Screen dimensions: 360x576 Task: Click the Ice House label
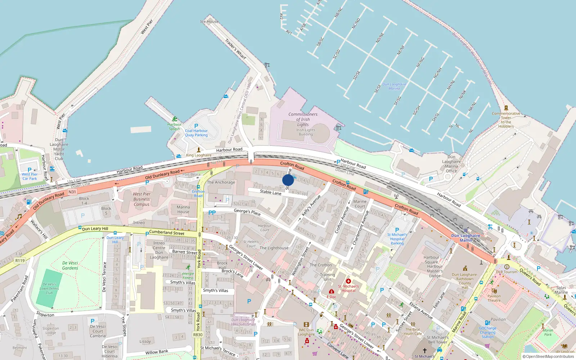point(209,22)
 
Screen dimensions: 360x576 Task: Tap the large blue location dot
point(288,180)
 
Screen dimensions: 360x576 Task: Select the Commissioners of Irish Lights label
point(303,119)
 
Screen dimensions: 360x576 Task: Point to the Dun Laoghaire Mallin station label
point(465,238)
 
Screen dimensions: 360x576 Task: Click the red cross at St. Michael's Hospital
point(348,281)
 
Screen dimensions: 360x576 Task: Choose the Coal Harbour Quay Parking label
point(196,133)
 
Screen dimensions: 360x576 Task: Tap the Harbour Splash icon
point(175,119)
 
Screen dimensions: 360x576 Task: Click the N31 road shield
point(72,192)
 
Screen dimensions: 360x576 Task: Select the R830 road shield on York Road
point(198,335)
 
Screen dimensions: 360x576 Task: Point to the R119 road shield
point(20,261)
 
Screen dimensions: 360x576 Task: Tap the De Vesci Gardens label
point(70,265)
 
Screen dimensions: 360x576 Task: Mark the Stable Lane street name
point(271,192)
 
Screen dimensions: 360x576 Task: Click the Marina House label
point(183,210)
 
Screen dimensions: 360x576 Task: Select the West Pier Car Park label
point(30,176)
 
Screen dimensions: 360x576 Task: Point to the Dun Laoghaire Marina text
point(394,86)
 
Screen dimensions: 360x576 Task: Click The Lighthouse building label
point(274,248)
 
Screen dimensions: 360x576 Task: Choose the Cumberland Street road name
point(167,233)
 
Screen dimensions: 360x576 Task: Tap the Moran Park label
point(548,332)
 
